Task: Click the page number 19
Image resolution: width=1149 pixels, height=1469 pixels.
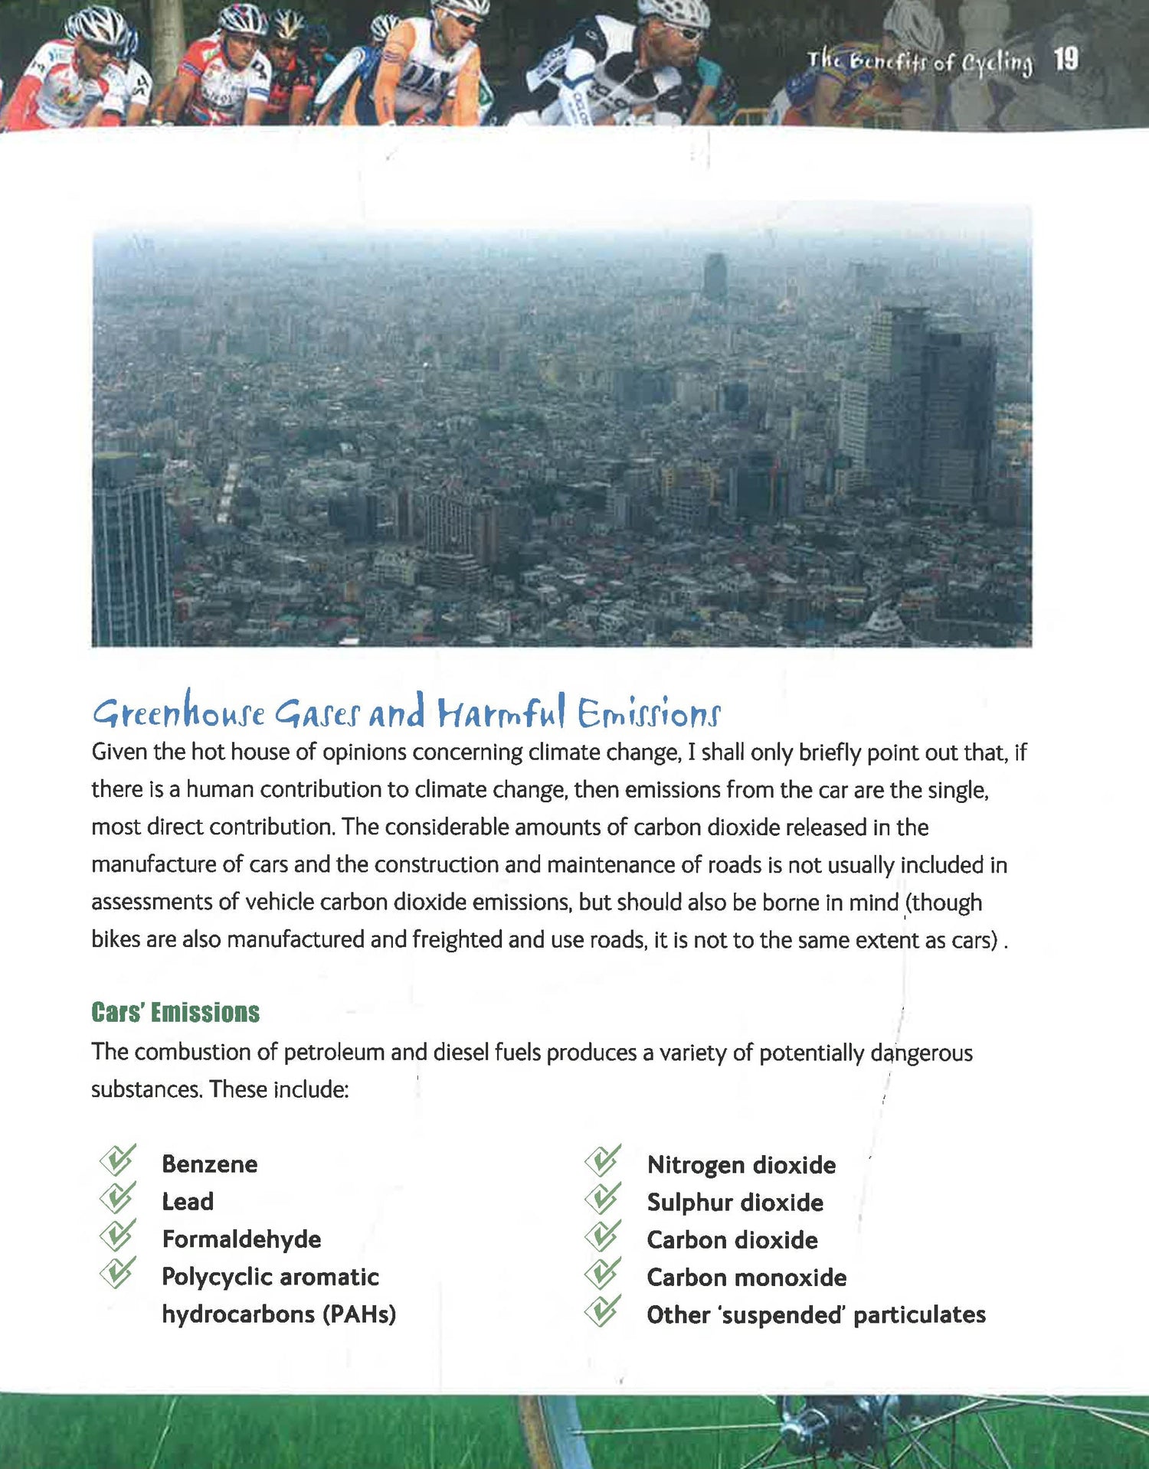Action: (1066, 59)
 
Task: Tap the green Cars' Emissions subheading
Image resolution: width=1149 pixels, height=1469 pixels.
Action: (175, 1012)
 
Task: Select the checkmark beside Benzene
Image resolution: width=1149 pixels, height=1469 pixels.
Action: (118, 1161)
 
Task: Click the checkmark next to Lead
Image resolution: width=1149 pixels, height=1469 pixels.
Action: (118, 1198)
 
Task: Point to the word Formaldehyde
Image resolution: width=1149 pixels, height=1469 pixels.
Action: (241, 1239)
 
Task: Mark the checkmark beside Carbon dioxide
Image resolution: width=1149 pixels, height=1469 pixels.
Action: (603, 1236)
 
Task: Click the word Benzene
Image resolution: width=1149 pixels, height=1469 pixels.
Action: (210, 1164)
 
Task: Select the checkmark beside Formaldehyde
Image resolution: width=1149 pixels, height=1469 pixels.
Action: (118, 1236)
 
